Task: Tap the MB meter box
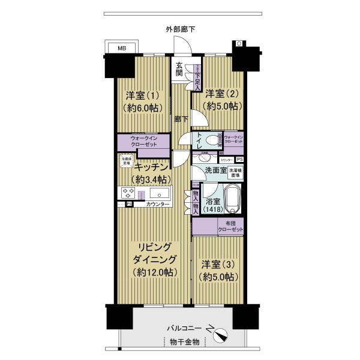pos(122,47)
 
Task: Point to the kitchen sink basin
pos(160,194)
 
